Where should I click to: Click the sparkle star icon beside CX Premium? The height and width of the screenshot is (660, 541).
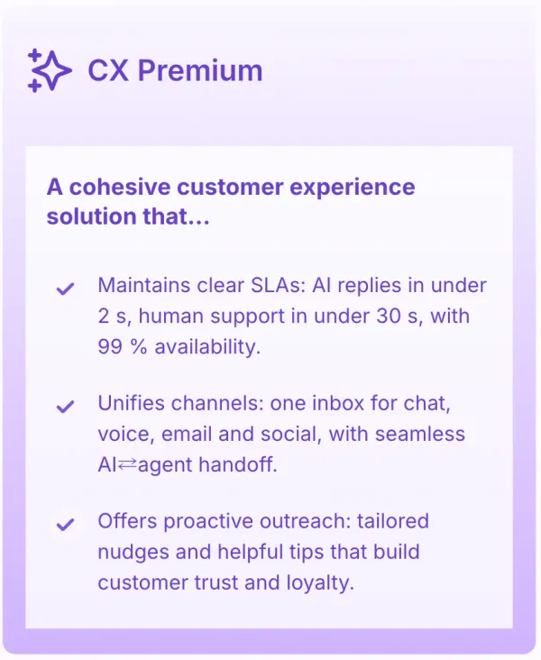pyautogui.click(x=50, y=70)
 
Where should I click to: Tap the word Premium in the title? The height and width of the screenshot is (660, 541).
pyautogui.click(x=200, y=70)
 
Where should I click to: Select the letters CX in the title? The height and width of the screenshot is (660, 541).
pyautogui.click(x=108, y=70)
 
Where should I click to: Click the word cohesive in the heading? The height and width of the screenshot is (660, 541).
pyautogui.click(x=120, y=187)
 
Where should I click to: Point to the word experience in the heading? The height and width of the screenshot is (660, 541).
pyautogui.click(x=353, y=188)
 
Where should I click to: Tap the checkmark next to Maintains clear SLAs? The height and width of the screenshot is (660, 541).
pyautogui.click(x=65, y=289)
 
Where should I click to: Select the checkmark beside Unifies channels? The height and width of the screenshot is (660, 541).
pyautogui.click(x=65, y=407)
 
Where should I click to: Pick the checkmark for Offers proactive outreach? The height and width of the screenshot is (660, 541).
pyautogui.click(x=65, y=525)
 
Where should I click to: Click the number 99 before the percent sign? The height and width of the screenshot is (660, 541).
pyautogui.click(x=110, y=347)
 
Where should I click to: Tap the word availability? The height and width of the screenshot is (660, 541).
pyautogui.click(x=207, y=347)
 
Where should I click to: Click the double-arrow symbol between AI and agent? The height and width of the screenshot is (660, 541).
pyautogui.click(x=127, y=464)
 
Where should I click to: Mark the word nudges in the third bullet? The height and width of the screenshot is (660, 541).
pyautogui.click(x=133, y=553)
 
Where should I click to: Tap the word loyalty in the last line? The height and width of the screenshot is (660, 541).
pyautogui.click(x=320, y=583)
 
